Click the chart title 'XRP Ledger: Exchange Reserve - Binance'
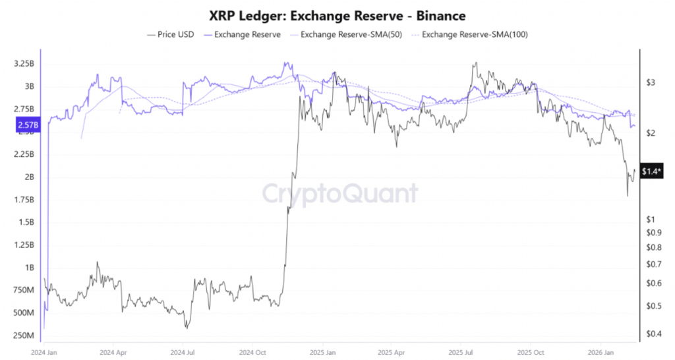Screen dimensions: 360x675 [x=337, y=15]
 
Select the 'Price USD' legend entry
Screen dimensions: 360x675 [x=171, y=34]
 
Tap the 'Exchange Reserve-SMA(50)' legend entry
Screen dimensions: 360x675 [x=342, y=34]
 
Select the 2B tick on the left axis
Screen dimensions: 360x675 [x=29, y=177]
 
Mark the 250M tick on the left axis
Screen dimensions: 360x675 [x=24, y=336]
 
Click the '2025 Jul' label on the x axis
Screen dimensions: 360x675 [x=461, y=352]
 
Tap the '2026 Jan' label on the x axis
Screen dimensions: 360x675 [x=601, y=352]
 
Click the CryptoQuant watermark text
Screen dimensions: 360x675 [x=340, y=194]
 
